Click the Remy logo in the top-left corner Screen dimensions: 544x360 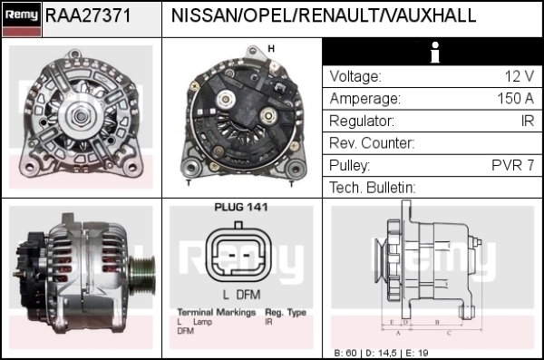click(x=22, y=19)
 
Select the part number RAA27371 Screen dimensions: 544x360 click(x=88, y=15)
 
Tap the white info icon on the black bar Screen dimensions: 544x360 click(x=434, y=53)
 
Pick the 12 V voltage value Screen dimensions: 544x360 click(x=519, y=76)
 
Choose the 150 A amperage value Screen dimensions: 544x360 click(x=516, y=98)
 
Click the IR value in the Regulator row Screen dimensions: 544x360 click(x=528, y=121)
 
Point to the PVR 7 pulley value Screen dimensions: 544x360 click(x=513, y=165)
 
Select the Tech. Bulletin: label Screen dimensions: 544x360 click(x=373, y=188)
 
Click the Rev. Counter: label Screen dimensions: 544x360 click(x=372, y=142)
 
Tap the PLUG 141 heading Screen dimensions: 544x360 click(x=241, y=208)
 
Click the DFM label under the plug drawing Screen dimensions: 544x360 click(x=248, y=295)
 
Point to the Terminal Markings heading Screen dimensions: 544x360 click(x=217, y=313)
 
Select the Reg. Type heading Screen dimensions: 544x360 click(x=286, y=313)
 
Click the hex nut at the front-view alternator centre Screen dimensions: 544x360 click(x=81, y=116)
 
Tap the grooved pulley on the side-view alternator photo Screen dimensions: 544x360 click(x=141, y=276)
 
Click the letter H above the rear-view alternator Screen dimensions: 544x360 click(x=271, y=49)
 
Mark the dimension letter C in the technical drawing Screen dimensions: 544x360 click(x=449, y=334)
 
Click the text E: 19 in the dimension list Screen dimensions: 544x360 click(x=417, y=353)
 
